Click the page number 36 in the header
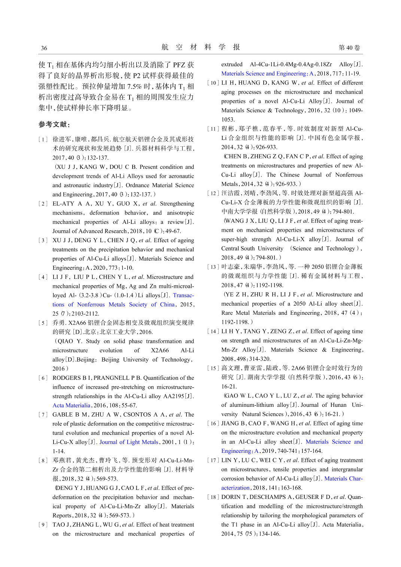point(44,48)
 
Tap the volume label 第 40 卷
point(349,48)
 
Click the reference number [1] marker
point(43,139)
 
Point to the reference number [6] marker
point(43,378)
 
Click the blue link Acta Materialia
point(72,405)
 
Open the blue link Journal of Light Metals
point(129,442)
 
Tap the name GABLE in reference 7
point(61,415)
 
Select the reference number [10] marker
point(213,83)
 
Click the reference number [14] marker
point(213,331)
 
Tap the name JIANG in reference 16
point(230,423)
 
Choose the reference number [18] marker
point(213,497)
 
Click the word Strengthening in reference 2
point(177,204)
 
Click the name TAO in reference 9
point(59,525)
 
